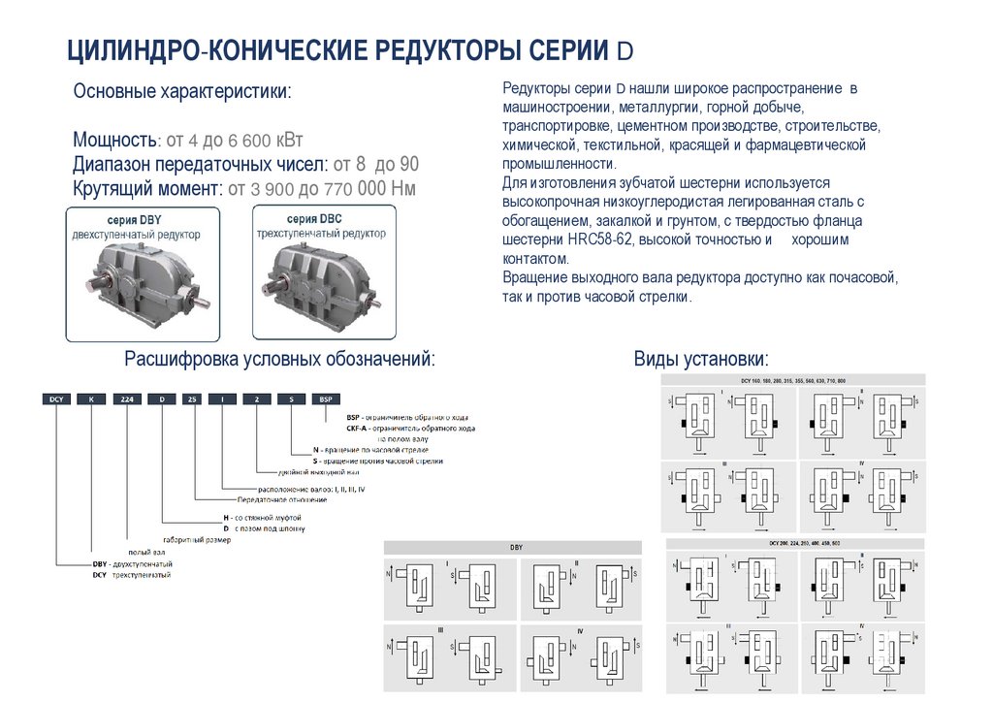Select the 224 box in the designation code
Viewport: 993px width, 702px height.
(126, 399)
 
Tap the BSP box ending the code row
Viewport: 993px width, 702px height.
(325, 399)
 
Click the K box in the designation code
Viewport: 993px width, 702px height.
(91, 399)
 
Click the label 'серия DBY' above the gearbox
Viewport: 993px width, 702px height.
(135, 221)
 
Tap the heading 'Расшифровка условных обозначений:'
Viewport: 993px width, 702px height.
(279, 360)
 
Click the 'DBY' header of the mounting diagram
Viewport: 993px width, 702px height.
(515, 548)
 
